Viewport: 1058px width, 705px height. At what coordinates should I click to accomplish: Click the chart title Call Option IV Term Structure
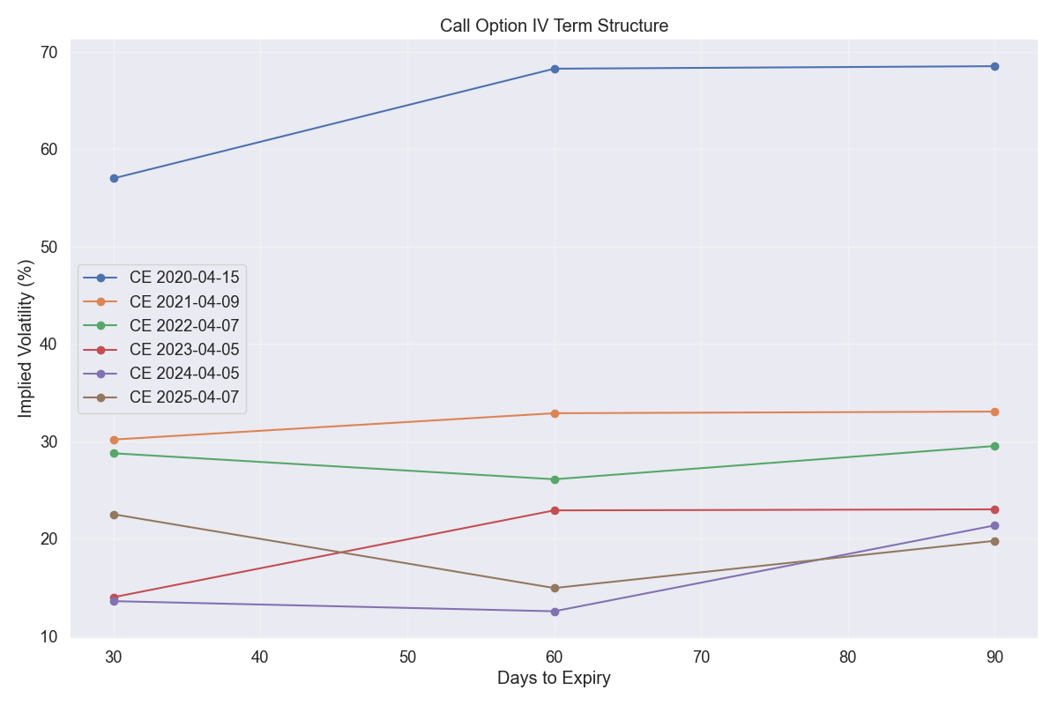tap(554, 26)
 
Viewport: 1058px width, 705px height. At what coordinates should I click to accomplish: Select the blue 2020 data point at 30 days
tap(114, 178)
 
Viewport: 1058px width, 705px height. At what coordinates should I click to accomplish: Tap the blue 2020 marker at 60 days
tap(555, 69)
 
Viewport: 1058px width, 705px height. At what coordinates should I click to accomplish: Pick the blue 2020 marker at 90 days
tap(995, 66)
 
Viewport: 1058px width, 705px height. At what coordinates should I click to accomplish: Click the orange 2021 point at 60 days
tap(555, 413)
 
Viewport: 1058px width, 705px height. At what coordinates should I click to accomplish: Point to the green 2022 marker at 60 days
tap(555, 479)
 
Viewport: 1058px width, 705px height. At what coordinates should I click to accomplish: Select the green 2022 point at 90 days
tap(995, 446)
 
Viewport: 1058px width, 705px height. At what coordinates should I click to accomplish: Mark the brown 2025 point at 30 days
tap(114, 515)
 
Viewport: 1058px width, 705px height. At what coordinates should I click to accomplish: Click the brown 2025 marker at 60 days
tap(555, 588)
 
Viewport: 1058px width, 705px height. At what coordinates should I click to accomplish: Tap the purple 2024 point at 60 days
tap(555, 612)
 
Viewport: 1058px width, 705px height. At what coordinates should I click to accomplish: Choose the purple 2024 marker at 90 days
tap(995, 525)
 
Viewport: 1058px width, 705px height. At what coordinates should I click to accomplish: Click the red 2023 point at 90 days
tap(995, 509)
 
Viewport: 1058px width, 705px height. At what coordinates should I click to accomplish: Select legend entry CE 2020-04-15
tap(184, 278)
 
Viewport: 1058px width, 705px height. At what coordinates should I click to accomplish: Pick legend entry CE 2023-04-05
tap(184, 350)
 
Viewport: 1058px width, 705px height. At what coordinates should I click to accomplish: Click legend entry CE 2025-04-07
tap(184, 397)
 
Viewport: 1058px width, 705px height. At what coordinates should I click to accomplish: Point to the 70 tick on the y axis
tap(48, 53)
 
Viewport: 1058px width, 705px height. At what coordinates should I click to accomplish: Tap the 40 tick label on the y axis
tap(48, 345)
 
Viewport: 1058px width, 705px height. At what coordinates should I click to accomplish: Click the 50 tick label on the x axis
tap(407, 657)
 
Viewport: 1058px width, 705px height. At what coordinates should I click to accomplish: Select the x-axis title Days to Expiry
tap(554, 679)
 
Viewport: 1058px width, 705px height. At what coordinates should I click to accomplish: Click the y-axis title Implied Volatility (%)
tap(26, 338)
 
